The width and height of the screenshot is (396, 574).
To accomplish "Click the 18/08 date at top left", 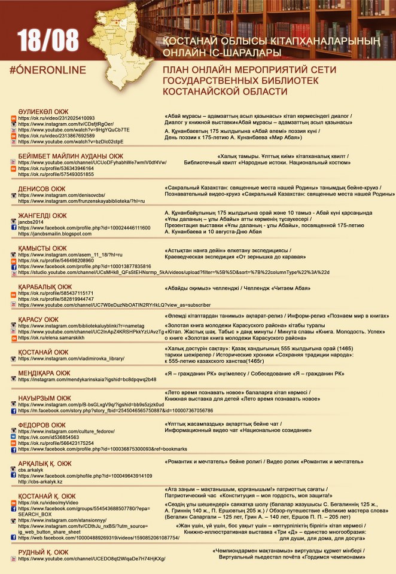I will pos(48,40).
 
